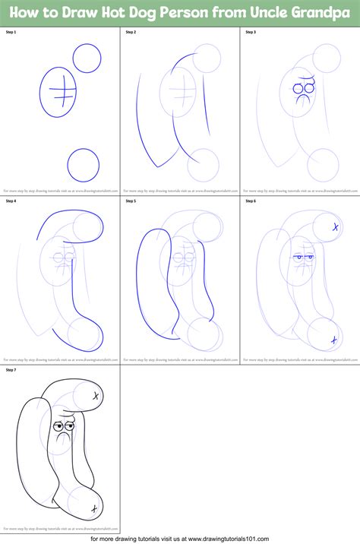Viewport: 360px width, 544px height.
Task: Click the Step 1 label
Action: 11,33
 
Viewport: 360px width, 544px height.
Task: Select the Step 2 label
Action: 131,33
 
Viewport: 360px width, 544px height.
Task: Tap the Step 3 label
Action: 250,33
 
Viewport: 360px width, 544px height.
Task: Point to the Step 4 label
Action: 11,201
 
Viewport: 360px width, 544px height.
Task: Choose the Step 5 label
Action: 131,201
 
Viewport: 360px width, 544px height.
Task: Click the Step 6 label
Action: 250,201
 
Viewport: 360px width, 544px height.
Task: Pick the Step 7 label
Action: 11,370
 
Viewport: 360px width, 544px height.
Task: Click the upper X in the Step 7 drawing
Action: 96,396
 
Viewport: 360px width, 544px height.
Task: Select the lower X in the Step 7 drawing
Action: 93,508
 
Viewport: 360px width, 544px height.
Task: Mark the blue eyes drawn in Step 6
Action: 304,258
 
